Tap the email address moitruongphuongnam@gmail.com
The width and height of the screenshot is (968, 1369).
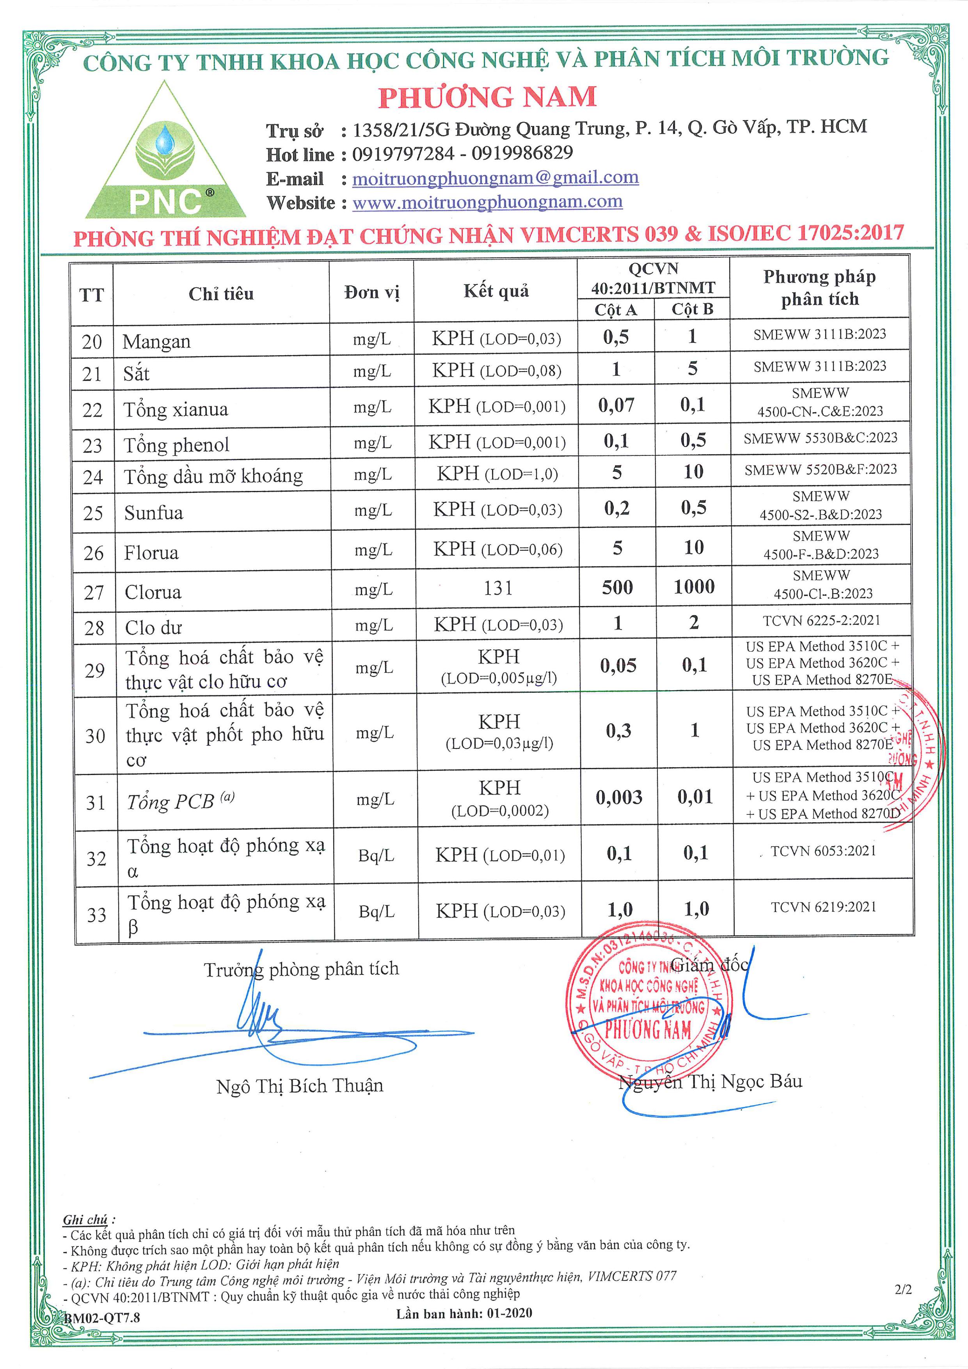coord(496,178)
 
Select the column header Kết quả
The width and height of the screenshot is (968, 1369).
coord(496,291)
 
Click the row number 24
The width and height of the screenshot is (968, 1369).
coord(93,477)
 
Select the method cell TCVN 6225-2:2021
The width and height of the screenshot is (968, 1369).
coord(821,621)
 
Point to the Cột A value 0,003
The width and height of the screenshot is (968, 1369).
coord(619,798)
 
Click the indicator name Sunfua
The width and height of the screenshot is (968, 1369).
coord(154,513)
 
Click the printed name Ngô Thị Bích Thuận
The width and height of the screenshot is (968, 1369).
coord(300,1086)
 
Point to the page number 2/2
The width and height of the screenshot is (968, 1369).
coord(903,1289)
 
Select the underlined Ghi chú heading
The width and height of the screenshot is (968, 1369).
coord(86,1220)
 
